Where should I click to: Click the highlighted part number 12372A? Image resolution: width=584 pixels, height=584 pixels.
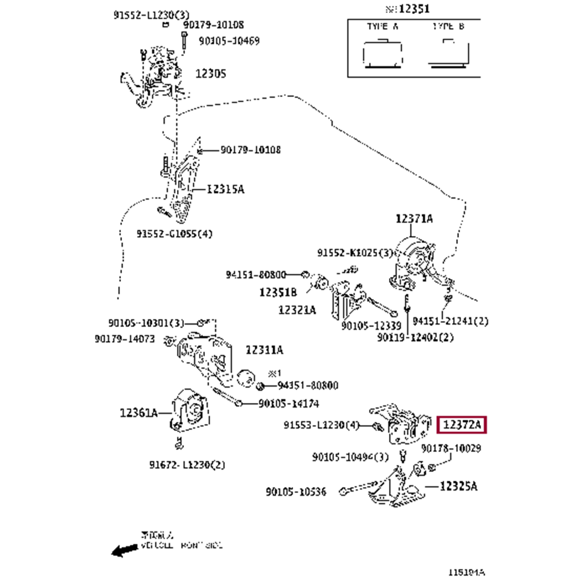click(x=461, y=425)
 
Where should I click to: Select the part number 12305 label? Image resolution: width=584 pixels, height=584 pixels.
click(x=210, y=74)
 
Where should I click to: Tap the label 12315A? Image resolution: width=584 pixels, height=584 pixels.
click(x=225, y=189)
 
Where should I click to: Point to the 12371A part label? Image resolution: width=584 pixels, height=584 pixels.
click(x=414, y=218)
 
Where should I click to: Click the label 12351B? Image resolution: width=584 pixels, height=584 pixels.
click(x=278, y=291)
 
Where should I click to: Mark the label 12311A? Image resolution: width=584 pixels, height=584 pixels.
click(x=264, y=350)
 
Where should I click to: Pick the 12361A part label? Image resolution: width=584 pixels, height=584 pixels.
click(x=139, y=413)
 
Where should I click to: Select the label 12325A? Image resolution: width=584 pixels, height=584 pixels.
click(x=458, y=486)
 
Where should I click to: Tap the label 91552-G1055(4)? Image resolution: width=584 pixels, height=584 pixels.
click(x=175, y=234)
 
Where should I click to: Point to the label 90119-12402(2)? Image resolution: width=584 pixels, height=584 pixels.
click(x=416, y=337)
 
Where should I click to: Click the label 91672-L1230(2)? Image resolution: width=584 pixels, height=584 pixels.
click(x=187, y=465)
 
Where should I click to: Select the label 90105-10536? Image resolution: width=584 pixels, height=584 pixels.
click(x=296, y=491)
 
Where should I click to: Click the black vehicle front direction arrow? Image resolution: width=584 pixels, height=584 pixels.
click(x=123, y=550)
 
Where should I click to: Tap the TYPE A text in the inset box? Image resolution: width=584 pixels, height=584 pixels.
click(x=383, y=27)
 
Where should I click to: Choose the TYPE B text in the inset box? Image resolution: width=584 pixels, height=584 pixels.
click(x=449, y=27)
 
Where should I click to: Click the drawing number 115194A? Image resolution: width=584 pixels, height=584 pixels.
click(x=467, y=572)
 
